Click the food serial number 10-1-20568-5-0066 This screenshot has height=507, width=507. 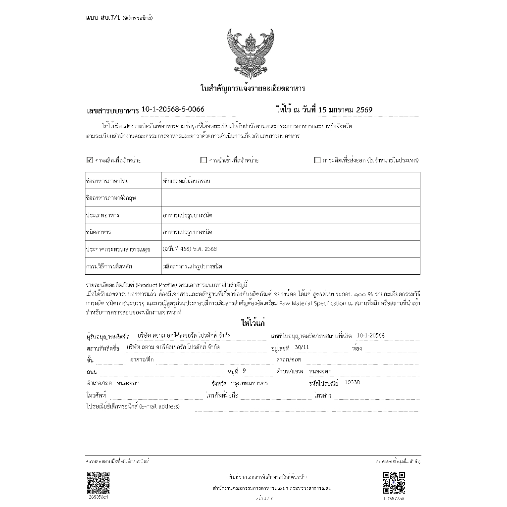click(173, 109)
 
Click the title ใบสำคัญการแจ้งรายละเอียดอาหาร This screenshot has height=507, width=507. click(253, 89)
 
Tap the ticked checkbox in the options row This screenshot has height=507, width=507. click(90, 160)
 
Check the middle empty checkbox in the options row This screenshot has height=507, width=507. click(203, 160)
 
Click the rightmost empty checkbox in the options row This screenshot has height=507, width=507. click(317, 160)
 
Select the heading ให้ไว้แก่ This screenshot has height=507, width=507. click(253, 323)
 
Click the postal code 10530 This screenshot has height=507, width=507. click(352, 382)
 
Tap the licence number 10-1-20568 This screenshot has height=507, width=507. click(370, 335)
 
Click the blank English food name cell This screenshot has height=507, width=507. click(290, 198)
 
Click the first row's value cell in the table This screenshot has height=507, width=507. click(290, 181)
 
